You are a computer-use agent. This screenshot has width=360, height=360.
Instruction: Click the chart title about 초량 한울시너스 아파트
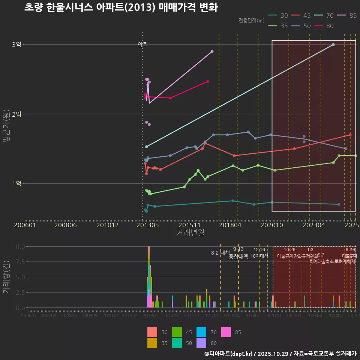pos(121,7)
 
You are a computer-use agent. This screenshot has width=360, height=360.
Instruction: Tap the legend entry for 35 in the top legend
pos(279,26)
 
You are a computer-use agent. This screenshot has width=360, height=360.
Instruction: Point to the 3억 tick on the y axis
pos(16,45)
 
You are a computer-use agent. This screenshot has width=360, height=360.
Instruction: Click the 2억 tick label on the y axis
pos(16,114)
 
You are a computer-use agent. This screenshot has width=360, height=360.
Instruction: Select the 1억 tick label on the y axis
pos(16,183)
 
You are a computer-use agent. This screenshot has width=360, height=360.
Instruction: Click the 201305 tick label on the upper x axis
pos(147,225)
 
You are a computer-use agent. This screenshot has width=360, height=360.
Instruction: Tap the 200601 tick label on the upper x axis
pos(25,225)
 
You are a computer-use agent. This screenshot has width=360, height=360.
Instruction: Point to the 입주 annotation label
pos(142,45)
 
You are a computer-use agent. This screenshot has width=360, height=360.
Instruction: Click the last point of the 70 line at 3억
pos(333,45)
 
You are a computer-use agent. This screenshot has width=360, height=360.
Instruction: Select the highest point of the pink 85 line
pos(212,51)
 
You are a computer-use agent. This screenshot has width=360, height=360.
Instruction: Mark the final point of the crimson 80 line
pos(208,81)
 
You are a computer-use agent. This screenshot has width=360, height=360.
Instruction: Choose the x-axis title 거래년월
pos(190,233)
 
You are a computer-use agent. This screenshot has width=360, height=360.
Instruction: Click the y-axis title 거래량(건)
pos(6,277)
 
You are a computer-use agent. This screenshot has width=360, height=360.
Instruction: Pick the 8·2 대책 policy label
pos(220,253)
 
